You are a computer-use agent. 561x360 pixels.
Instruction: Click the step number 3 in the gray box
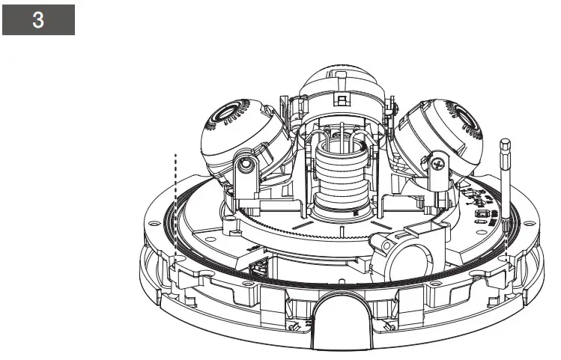click(x=38, y=19)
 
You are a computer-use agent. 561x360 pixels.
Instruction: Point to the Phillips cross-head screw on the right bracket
click(x=437, y=165)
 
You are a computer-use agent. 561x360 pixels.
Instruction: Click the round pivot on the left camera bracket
click(x=246, y=165)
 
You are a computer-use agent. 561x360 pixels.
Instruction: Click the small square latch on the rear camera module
click(x=342, y=100)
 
